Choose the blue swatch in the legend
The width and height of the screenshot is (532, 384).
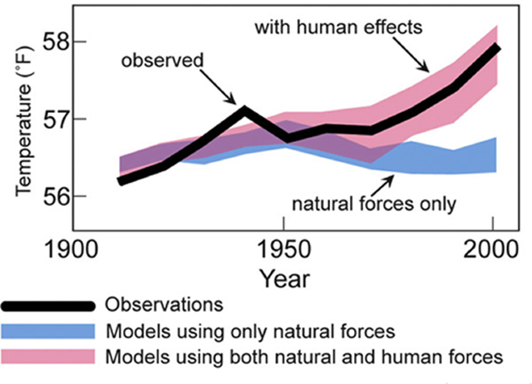[50, 331]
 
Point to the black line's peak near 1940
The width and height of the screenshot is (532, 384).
[244, 109]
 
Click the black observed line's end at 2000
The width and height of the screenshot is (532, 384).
[496, 47]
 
